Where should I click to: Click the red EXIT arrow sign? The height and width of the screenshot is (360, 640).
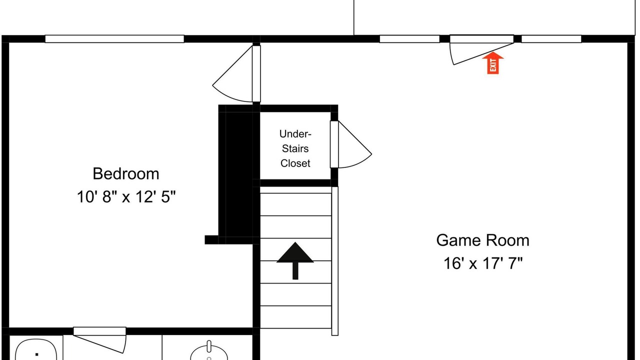[x=493, y=63]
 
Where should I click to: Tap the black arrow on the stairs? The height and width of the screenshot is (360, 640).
[x=295, y=260]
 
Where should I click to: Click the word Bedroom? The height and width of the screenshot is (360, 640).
[x=125, y=173]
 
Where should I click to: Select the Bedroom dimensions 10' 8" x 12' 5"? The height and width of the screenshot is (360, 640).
[x=126, y=197]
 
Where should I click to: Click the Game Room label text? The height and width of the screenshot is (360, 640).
[x=482, y=240]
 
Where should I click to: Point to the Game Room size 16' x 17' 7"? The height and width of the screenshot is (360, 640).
[x=483, y=263]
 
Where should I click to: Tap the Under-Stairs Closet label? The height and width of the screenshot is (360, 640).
[x=295, y=148]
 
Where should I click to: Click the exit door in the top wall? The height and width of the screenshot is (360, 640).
[x=481, y=49]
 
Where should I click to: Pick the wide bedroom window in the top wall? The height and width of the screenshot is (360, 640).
[x=114, y=39]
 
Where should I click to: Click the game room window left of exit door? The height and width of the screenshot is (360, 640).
[x=409, y=39]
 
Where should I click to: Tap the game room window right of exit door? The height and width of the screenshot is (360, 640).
[x=551, y=39]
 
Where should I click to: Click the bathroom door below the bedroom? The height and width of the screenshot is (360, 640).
[x=99, y=340]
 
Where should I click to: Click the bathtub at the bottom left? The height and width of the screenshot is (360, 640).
[x=36, y=349]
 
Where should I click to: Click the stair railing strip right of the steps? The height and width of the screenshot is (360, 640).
[x=335, y=261]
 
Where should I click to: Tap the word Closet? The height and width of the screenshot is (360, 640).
[x=295, y=163]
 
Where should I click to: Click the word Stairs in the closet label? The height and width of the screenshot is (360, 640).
[x=295, y=148]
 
